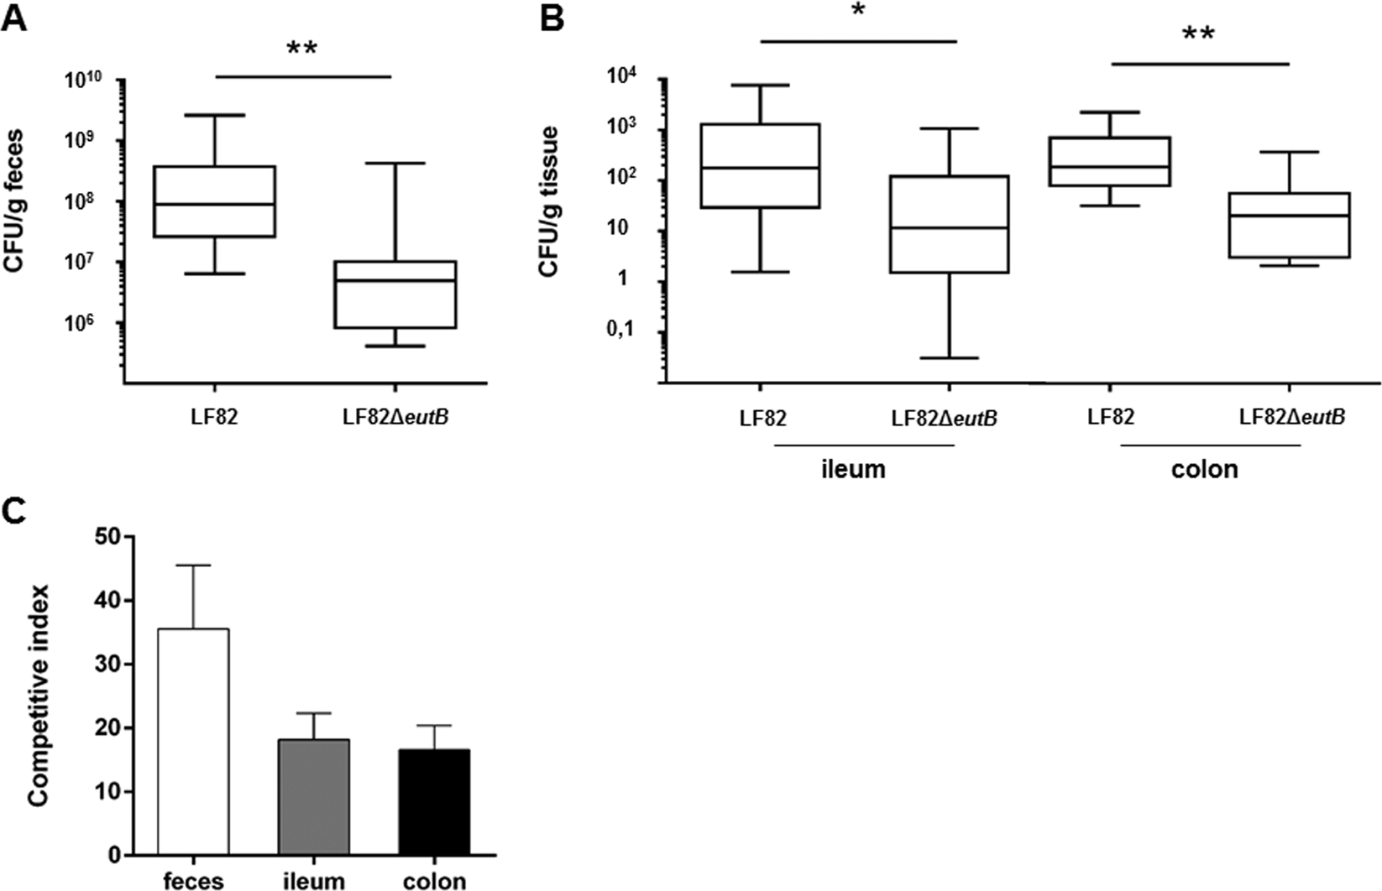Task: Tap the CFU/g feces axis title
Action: coord(14,201)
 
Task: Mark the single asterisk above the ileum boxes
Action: coord(859,18)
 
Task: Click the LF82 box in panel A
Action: coord(214,201)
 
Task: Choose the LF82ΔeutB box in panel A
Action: coord(395,294)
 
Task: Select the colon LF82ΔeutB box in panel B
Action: coord(1289,225)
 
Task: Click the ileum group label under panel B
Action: coord(853,469)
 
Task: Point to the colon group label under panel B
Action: coord(1204,469)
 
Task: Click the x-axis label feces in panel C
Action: coord(193,880)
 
